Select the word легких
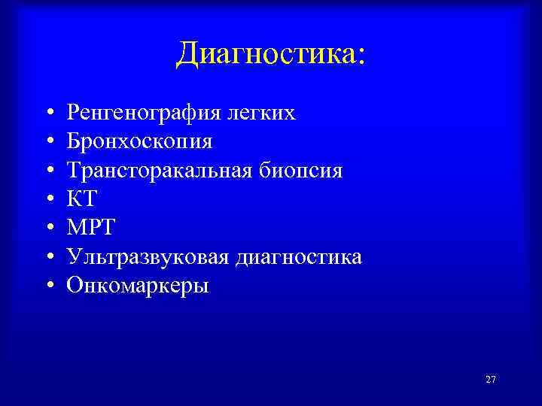(266, 113)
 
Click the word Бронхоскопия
(139, 142)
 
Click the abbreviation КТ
(82, 199)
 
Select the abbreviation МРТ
(90, 228)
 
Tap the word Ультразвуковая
(148, 257)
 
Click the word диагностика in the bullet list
(299, 257)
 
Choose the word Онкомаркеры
(138, 286)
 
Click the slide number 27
(491, 380)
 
